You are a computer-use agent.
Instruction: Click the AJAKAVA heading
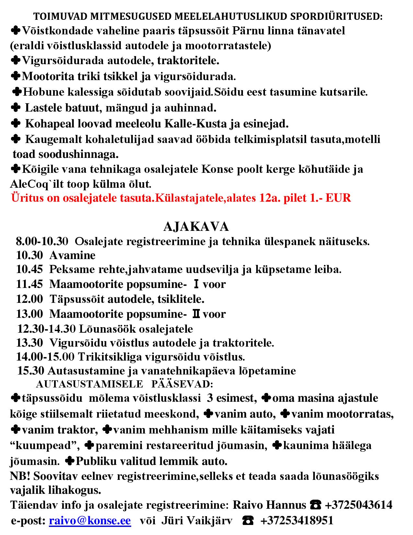(196, 227)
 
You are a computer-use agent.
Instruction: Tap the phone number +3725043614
(359, 505)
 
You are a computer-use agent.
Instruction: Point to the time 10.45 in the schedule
(29, 269)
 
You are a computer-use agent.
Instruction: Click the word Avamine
(72, 256)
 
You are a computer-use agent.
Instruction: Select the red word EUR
(338, 198)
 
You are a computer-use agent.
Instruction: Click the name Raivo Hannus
(270, 505)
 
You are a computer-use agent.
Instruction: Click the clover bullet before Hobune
(17, 92)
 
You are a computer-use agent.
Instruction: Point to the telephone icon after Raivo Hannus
(315, 505)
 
